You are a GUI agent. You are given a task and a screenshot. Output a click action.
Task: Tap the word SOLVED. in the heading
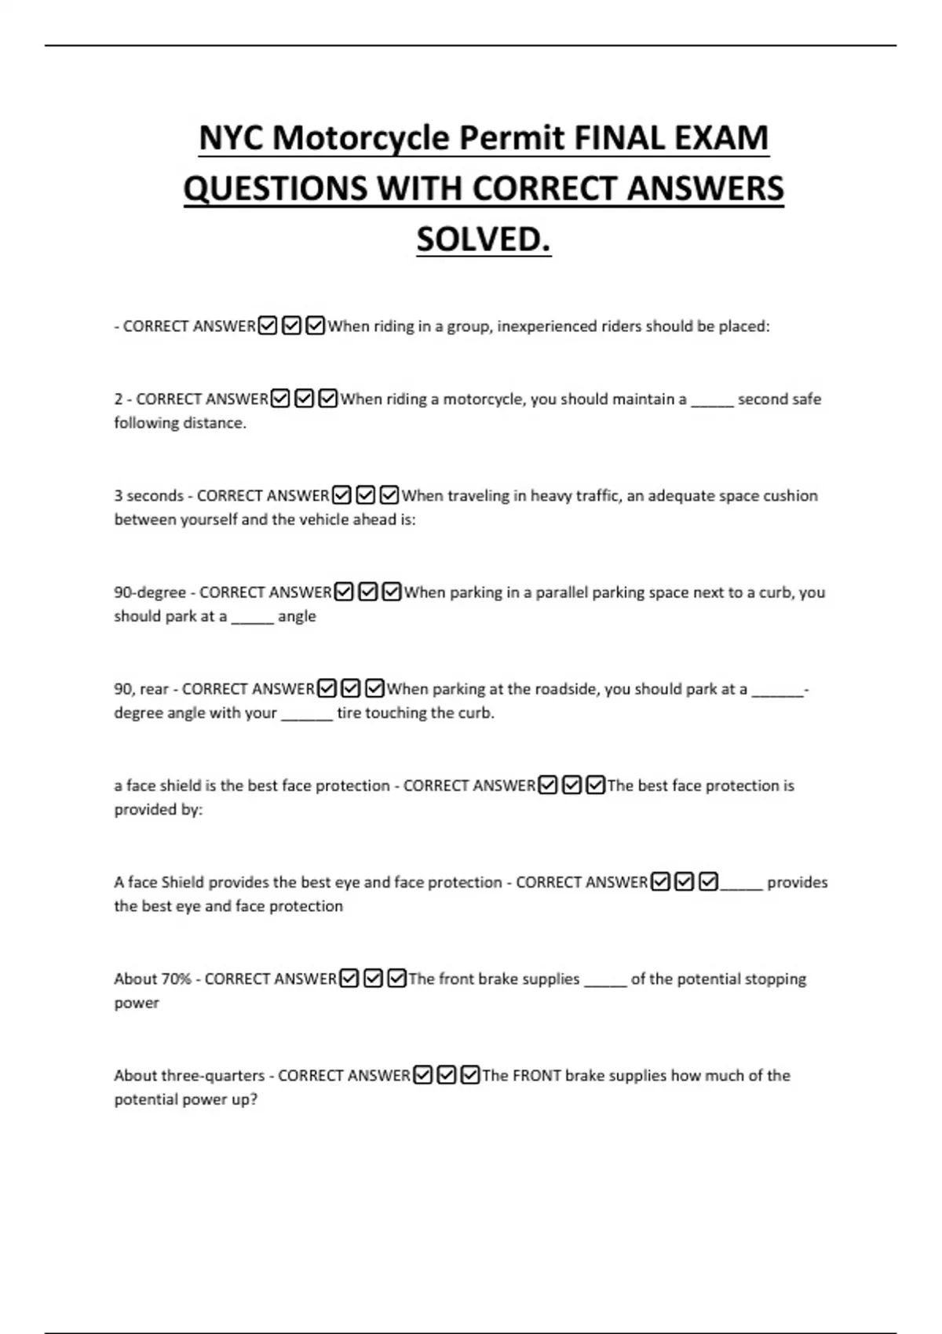pyautogui.click(x=484, y=239)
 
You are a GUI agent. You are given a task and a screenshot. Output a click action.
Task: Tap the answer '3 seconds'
pyautogui.click(x=148, y=496)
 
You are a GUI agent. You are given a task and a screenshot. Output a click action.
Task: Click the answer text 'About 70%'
pyautogui.click(x=152, y=979)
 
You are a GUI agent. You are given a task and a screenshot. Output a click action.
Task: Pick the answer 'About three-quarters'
pyautogui.click(x=189, y=1076)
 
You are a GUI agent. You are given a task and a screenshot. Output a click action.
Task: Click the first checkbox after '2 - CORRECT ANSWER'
pyautogui.click(x=280, y=399)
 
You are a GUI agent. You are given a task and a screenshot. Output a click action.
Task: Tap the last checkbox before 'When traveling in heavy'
pyautogui.click(x=389, y=496)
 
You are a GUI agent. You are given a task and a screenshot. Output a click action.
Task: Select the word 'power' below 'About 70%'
pyautogui.click(x=137, y=1004)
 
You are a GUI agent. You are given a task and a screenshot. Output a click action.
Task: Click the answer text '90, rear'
pyautogui.click(x=141, y=689)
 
